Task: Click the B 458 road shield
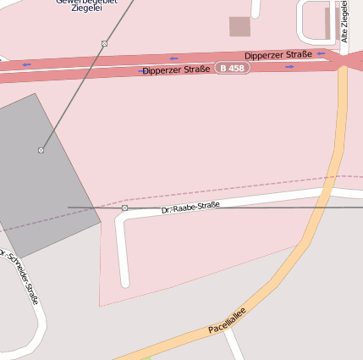pos(233,67)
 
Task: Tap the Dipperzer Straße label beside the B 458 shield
pos(177,70)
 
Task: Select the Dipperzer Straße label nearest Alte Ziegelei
pos(278,55)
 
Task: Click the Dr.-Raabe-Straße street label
pos(190,206)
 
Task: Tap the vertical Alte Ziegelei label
pos(344,21)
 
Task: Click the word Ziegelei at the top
pos(87,8)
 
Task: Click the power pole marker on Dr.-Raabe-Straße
pos(124,208)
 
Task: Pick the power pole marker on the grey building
pos(41,150)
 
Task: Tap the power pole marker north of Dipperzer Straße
pos(104,43)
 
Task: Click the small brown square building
pos(239,26)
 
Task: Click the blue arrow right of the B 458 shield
pos(289,66)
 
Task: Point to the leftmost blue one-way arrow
pos(26,64)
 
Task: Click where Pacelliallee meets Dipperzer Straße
pos(344,64)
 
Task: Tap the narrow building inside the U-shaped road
pos(327,23)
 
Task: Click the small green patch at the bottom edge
pos(123,357)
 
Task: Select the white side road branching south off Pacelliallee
pos(234,343)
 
